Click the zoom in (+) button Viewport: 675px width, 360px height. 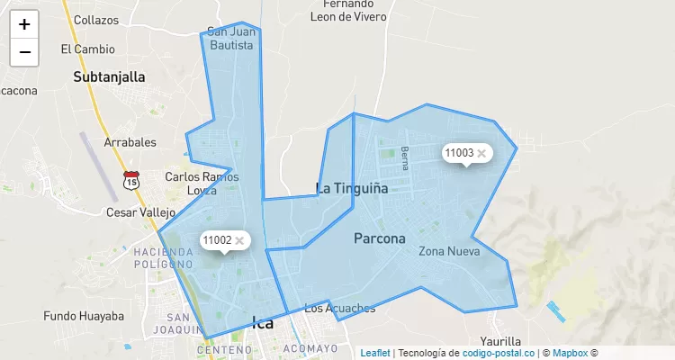click(24, 24)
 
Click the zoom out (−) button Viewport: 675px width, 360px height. click(24, 52)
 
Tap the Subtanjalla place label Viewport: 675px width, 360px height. click(109, 77)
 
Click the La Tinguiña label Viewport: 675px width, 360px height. click(351, 188)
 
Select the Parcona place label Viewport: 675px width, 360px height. click(379, 238)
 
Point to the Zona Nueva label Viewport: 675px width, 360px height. click(449, 251)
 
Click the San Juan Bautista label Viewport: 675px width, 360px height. click(231, 38)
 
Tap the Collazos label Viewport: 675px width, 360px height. click(96, 20)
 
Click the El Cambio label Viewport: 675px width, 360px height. click(87, 49)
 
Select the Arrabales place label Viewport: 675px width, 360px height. click(130, 142)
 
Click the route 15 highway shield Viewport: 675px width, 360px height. click(131, 181)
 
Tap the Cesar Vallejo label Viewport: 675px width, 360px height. click(140, 212)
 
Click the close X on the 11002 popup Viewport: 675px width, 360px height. click(239, 240)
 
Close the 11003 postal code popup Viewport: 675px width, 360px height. click(481, 153)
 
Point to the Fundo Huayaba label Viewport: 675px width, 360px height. click(84, 316)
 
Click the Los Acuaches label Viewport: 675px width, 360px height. click(339, 309)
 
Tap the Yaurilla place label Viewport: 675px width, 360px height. click(500, 341)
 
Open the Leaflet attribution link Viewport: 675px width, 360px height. click(375, 353)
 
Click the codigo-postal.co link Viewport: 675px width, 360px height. click(499, 353)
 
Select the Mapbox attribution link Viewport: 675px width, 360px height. click(570, 353)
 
